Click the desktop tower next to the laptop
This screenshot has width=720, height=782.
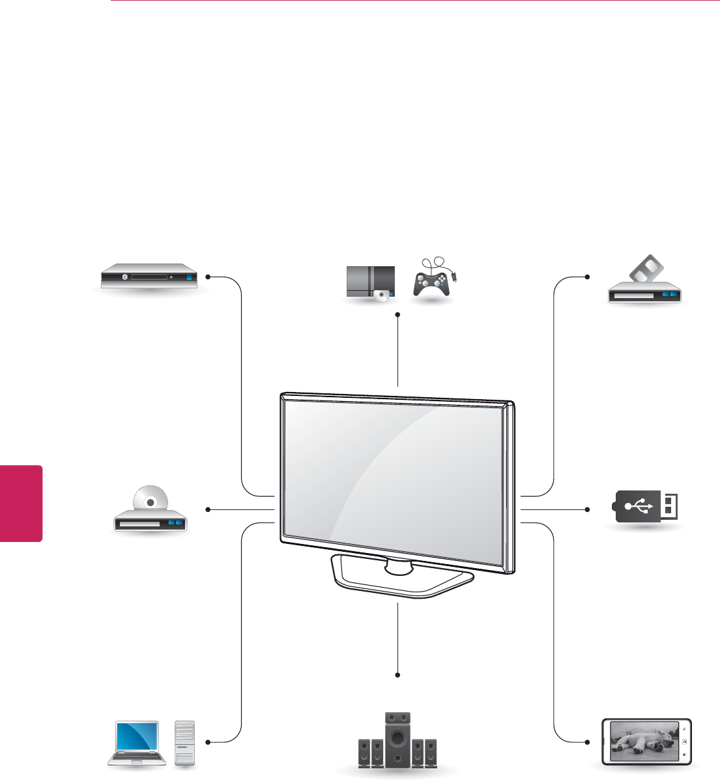pyautogui.click(x=185, y=742)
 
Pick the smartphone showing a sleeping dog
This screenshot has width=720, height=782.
pyautogui.click(x=646, y=742)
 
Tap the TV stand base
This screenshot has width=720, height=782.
pyautogui.click(x=400, y=577)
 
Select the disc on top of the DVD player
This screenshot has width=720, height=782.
pyautogui.click(x=151, y=501)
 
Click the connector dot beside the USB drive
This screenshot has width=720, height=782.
pyautogui.click(x=588, y=509)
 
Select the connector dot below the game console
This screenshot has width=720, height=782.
pyautogui.click(x=397, y=314)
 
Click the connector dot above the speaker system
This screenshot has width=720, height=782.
pyautogui.click(x=397, y=675)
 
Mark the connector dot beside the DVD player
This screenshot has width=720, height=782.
pyautogui.click(x=207, y=509)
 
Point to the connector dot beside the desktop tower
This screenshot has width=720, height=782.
pyautogui.click(x=207, y=742)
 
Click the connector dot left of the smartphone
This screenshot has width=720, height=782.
pyautogui.click(x=588, y=742)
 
